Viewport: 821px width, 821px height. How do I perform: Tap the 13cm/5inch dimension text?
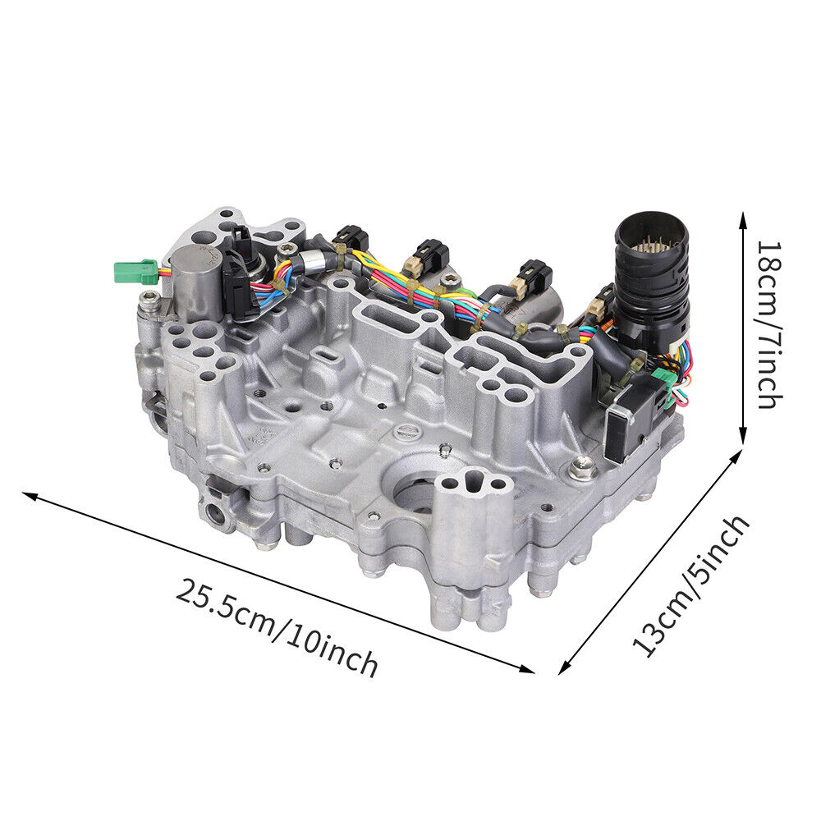(x=691, y=586)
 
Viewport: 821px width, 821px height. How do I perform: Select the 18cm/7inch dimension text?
(x=770, y=324)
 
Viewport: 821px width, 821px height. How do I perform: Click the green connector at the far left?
(x=135, y=272)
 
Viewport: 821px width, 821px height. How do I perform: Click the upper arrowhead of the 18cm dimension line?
(x=742, y=219)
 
